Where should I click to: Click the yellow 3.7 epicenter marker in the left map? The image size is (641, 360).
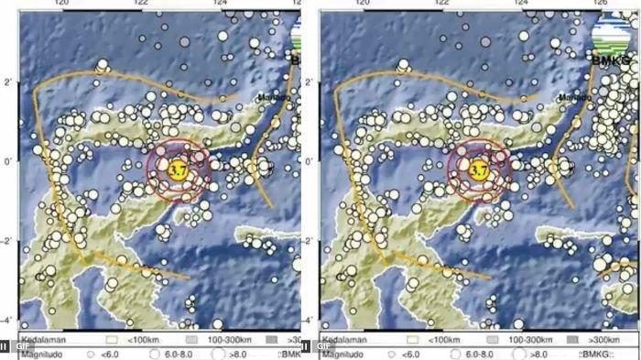(178, 169)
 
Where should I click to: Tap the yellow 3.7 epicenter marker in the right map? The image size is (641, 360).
(478, 169)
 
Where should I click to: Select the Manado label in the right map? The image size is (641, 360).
(573, 96)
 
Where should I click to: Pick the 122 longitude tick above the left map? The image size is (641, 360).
(141, 4)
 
